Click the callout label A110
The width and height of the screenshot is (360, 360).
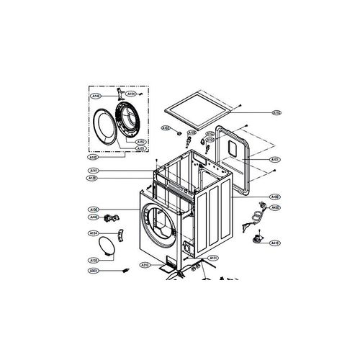[x=276, y=112]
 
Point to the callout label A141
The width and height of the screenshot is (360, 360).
[x=93, y=171]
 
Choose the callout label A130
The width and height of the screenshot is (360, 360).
[x=93, y=208]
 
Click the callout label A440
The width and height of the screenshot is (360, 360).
[x=93, y=217]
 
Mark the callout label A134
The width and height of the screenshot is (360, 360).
[x=93, y=233]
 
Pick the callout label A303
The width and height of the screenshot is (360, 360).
[x=93, y=271]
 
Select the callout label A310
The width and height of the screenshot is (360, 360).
[x=145, y=265]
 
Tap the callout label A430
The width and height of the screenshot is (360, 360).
[x=276, y=207]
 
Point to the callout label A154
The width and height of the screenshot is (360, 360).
[x=132, y=94]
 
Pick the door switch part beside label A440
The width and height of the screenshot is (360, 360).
[x=111, y=217]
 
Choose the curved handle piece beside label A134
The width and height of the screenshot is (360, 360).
[x=108, y=245]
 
